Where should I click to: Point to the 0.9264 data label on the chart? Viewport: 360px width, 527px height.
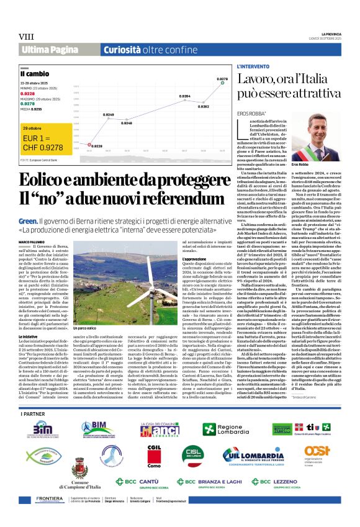[184, 97]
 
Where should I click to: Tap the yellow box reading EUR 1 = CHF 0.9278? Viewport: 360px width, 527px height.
[39, 142]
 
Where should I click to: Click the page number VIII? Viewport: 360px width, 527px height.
[25, 36]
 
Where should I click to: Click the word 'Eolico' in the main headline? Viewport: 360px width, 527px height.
[47, 181]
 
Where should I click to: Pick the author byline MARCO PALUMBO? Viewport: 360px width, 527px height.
[31, 241]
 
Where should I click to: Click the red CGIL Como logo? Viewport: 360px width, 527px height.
[153, 457]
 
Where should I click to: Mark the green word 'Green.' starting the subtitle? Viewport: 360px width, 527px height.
[27, 220]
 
